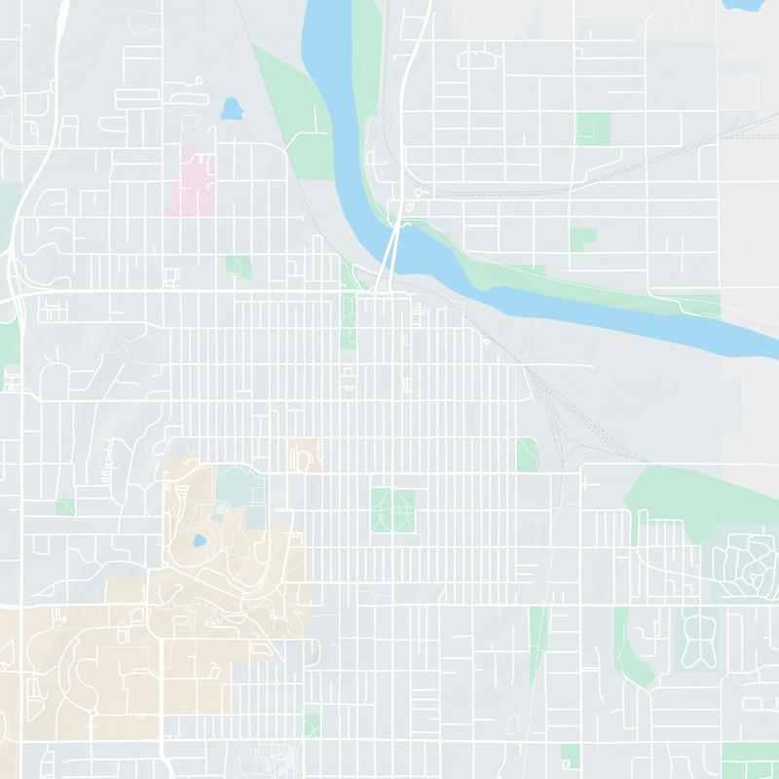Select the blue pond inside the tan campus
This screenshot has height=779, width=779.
click(x=199, y=540)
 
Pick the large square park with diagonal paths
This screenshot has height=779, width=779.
click(x=392, y=510)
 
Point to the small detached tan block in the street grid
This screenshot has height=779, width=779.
click(x=305, y=455)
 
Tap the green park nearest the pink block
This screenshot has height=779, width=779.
click(x=238, y=265)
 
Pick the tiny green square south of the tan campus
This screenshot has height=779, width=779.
click(x=312, y=725)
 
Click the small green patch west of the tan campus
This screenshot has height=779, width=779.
click(x=65, y=507)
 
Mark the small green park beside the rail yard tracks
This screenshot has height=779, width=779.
click(x=528, y=454)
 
